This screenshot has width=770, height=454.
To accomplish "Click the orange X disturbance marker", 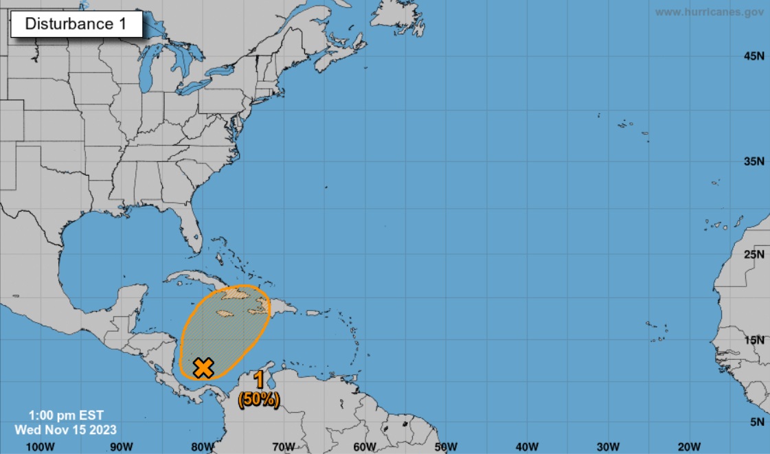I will [x=203, y=367].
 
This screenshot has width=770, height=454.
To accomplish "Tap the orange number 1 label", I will [x=259, y=381].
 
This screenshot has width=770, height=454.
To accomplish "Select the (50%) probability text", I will [x=259, y=400].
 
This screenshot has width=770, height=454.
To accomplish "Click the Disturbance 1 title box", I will [x=76, y=24].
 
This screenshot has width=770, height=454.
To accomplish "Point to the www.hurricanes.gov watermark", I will [x=708, y=12].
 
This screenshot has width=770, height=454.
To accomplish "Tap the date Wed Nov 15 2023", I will [x=66, y=429].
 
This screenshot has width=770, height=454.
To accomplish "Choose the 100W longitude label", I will [x=40, y=446].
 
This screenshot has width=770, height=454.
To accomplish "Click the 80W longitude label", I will [x=203, y=446].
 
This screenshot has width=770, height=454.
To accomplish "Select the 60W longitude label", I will [x=365, y=446].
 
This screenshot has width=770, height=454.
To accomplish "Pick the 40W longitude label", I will [x=527, y=446].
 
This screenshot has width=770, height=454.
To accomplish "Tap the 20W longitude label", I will [x=689, y=446].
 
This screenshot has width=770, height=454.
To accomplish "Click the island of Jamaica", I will [x=226, y=314].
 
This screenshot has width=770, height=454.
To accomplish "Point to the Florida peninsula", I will [x=192, y=230].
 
